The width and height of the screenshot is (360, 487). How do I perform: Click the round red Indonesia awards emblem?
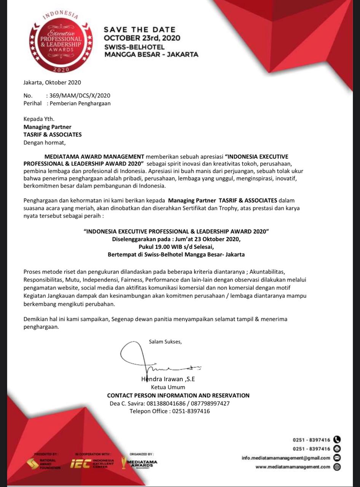pyautogui.click(x=61, y=42)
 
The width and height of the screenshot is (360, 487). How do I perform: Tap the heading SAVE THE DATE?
pyautogui.click(x=140, y=30)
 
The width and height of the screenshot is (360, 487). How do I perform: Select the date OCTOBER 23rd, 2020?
pyautogui.click(x=142, y=38)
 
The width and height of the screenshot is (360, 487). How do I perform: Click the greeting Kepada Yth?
pyautogui.click(x=39, y=119)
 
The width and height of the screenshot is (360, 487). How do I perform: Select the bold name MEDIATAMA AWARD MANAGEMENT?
pyautogui.click(x=94, y=156)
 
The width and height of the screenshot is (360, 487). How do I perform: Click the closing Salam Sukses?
pyautogui.click(x=165, y=341)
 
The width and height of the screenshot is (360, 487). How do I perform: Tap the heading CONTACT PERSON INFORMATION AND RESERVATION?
pyautogui.click(x=178, y=395)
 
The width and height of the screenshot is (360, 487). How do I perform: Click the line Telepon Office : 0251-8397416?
pyautogui.click(x=170, y=411)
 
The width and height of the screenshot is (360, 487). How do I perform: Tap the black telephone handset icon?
pyautogui.click(x=337, y=439)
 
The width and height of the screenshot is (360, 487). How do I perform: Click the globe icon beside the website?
pyautogui.click(x=337, y=467)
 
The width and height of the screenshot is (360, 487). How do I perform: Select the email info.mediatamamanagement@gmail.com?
pyautogui.click(x=286, y=458)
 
